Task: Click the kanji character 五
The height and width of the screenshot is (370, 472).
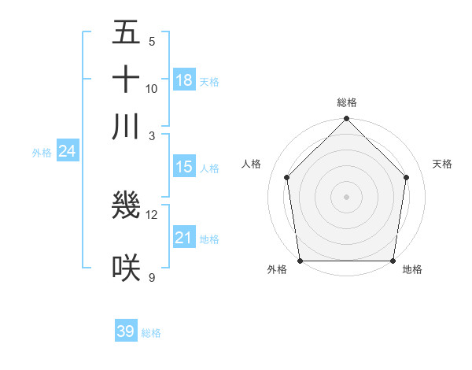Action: [126, 33]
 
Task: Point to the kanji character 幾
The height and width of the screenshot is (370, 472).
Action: [126, 205]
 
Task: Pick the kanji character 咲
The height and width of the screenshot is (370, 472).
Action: [126, 268]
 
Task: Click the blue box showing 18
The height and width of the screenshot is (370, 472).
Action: [184, 80]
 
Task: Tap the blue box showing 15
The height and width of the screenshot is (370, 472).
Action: [184, 167]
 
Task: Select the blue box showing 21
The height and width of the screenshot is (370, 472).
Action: [184, 238]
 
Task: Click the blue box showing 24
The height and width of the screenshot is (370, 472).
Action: [67, 151]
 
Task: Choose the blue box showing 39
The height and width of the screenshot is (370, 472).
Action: [126, 331]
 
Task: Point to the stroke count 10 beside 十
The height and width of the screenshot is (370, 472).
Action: [152, 88]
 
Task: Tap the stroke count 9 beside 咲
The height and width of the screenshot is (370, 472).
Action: [152, 277]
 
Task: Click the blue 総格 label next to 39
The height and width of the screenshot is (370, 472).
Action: [151, 333]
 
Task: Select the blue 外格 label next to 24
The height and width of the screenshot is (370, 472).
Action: [42, 153]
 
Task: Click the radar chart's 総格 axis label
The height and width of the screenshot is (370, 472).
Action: [347, 102]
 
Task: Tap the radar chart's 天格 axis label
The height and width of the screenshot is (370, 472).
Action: [443, 164]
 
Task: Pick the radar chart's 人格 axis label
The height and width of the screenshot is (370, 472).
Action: [251, 164]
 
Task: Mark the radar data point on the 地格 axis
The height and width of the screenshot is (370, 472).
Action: [393, 261]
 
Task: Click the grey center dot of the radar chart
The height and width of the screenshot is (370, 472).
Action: [347, 196]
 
